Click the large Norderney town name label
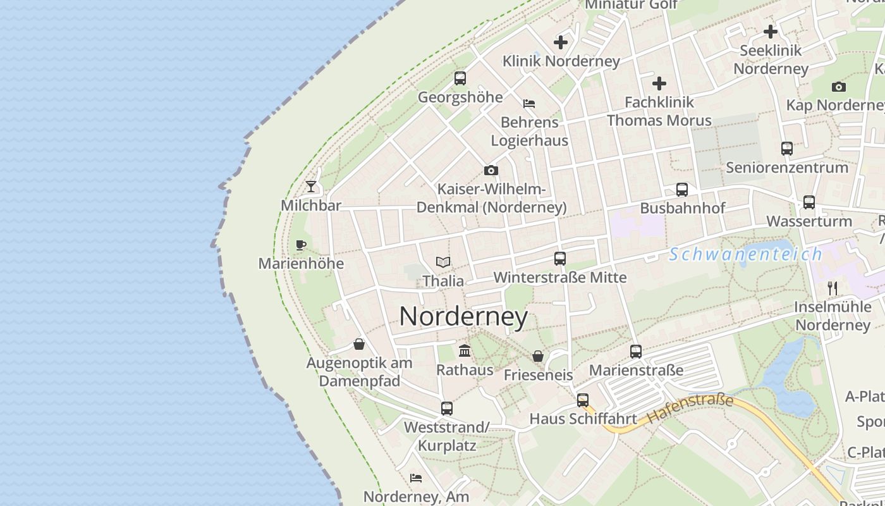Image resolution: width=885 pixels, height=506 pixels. [463, 316]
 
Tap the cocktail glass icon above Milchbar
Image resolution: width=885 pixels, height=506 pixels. [311, 186]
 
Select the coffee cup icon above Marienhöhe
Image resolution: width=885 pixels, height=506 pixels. [301, 245]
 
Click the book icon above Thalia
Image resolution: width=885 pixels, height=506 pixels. [443, 262]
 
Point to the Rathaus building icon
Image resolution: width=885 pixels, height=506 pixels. [465, 350]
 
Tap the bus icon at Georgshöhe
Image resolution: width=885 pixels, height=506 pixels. [460, 78]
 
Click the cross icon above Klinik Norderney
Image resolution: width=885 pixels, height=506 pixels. [561, 42]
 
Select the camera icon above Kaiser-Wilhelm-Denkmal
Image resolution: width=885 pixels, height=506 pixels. [491, 170]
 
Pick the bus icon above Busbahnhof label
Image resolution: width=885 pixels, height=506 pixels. [682, 189]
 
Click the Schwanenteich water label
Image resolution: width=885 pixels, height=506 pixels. [746, 254]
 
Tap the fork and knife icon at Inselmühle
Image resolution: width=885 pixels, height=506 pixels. [833, 288]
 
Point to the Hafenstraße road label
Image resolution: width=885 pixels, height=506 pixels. [690, 409]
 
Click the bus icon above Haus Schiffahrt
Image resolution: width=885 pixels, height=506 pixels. [583, 400]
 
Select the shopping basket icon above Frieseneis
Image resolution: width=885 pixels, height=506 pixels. [538, 356]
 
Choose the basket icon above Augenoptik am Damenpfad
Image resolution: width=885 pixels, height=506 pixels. [359, 344]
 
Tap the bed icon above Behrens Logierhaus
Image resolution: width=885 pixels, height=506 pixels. [529, 103]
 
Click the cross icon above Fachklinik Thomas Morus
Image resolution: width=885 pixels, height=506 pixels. [659, 83]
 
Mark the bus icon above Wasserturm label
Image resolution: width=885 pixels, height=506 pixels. [809, 202]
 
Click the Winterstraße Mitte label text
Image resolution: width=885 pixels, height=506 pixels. [560, 277]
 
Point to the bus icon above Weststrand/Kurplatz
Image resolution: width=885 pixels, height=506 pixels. [447, 409]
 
